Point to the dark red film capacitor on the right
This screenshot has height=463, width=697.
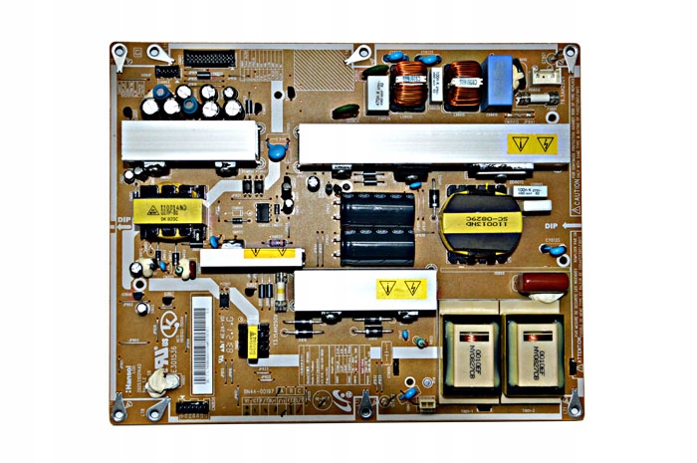[x=541, y=283]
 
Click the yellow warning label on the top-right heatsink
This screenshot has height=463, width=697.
[x=531, y=143]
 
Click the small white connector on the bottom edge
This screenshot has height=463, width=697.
[x=427, y=402]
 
